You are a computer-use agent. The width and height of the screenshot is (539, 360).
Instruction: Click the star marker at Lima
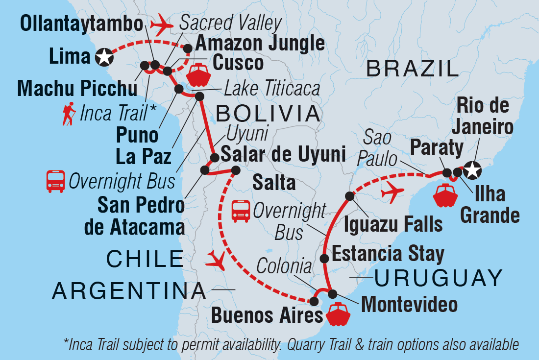pyautogui.click(x=104, y=57)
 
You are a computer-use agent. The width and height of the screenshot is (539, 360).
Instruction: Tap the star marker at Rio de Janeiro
pyautogui.click(x=472, y=171)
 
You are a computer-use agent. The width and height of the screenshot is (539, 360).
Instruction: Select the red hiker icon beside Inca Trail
pyautogui.click(x=69, y=114)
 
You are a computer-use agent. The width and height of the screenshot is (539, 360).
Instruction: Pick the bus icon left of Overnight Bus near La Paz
pyautogui.click(x=55, y=181)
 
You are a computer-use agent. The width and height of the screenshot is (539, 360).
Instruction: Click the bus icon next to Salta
pyautogui.click(x=241, y=210)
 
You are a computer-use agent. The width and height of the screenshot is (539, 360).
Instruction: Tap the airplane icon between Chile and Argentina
pyautogui.click(x=217, y=260)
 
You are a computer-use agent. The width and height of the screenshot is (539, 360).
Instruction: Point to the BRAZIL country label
pyautogui.click(x=413, y=69)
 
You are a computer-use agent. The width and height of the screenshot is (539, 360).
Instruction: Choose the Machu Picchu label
pyautogui.click(x=77, y=90)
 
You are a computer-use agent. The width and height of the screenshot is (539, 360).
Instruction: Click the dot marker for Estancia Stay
pyautogui.click(x=324, y=258)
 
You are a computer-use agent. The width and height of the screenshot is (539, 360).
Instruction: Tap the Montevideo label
pyautogui.click(x=409, y=304)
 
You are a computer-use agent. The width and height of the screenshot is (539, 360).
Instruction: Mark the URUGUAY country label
pyautogui.click(x=438, y=279)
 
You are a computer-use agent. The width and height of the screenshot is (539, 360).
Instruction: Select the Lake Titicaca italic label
pyautogui.click(x=272, y=89)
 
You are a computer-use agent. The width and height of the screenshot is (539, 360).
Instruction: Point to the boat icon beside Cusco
pyautogui.click(x=198, y=74)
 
